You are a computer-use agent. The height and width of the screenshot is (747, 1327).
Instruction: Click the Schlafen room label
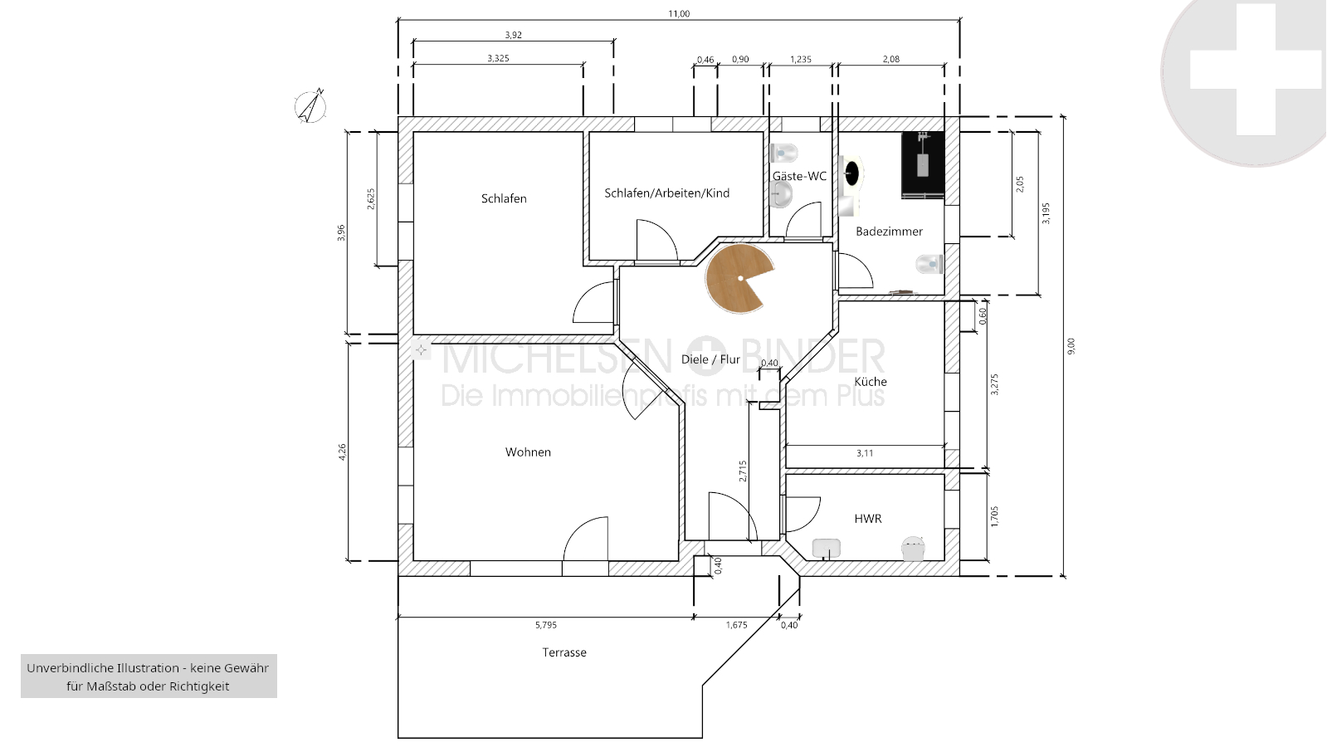click(504, 198)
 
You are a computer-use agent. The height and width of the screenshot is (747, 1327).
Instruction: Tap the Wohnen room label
click(528, 452)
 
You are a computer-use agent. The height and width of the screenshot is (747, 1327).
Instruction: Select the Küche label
click(871, 381)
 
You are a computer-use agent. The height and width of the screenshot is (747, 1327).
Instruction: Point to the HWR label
click(868, 519)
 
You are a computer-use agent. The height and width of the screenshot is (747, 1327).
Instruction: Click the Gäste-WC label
click(799, 176)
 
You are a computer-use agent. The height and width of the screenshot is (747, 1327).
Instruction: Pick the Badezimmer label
click(889, 231)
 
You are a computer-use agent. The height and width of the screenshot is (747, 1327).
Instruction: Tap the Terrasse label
click(564, 652)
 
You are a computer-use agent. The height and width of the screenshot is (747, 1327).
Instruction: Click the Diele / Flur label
click(710, 359)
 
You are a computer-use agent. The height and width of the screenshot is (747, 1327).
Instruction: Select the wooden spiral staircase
click(739, 278)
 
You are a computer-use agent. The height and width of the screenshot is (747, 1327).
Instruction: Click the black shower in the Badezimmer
click(922, 165)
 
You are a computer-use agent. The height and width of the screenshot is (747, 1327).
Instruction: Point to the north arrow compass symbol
click(310, 106)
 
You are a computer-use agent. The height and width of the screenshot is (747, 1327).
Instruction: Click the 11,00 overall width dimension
click(679, 13)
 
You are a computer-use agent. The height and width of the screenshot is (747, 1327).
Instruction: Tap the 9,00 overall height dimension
click(1071, 346)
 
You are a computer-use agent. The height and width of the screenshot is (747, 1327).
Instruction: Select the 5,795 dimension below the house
click(545, 624)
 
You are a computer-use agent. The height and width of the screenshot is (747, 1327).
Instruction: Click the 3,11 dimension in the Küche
click(864, 453)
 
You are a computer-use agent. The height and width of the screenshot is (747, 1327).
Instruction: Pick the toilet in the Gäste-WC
click(783, 153)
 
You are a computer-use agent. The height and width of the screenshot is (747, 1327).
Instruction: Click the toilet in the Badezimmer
click(929, 264)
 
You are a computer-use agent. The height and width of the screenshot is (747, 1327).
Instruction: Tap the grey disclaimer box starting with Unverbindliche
click(149, 676)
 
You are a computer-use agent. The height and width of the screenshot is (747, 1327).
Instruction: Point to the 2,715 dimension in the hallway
click(743, 471)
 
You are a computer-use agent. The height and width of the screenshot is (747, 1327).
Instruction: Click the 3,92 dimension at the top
click(513, 35)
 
